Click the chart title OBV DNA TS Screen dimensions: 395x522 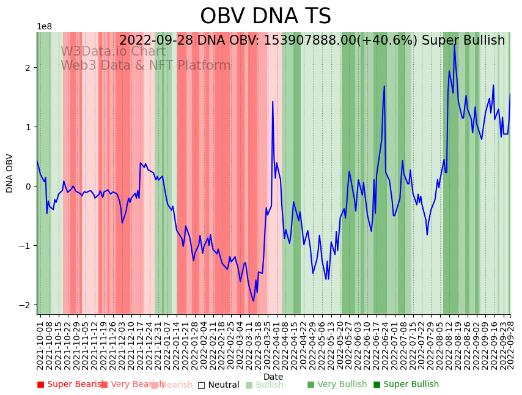click(265, 17)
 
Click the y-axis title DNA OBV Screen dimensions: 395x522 click(10, 173)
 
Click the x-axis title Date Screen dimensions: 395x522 click(273, 377)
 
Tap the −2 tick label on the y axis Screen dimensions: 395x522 click(27, 305)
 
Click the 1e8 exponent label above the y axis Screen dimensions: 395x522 click(44, 27)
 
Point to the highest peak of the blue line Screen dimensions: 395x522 click(454, 44)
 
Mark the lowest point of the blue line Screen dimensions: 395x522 click(253, 301)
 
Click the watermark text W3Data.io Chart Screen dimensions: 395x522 click(112, 52)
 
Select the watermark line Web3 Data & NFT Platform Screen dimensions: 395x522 click(145, 66)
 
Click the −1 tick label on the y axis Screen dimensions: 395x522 click(27, 246)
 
